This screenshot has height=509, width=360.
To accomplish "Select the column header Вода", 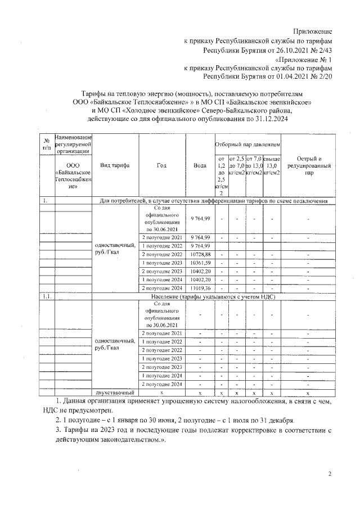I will point(200,165).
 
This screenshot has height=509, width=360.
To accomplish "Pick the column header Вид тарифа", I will point(115,165).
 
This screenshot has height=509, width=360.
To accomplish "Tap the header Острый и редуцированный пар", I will point(309,165).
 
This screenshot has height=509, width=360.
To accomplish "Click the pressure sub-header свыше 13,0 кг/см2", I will point(272,165).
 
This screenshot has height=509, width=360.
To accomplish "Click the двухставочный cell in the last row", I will point(115,392).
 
